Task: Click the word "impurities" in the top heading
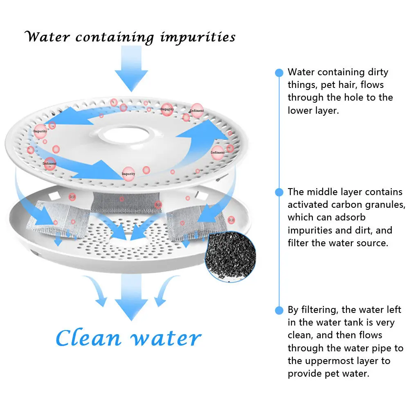tap(198, 38)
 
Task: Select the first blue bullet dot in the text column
tap(279, 73)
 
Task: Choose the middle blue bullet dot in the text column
tap(279, 192)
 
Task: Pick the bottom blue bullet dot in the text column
tap(279, 310)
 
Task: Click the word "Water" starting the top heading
tap(48, 37)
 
